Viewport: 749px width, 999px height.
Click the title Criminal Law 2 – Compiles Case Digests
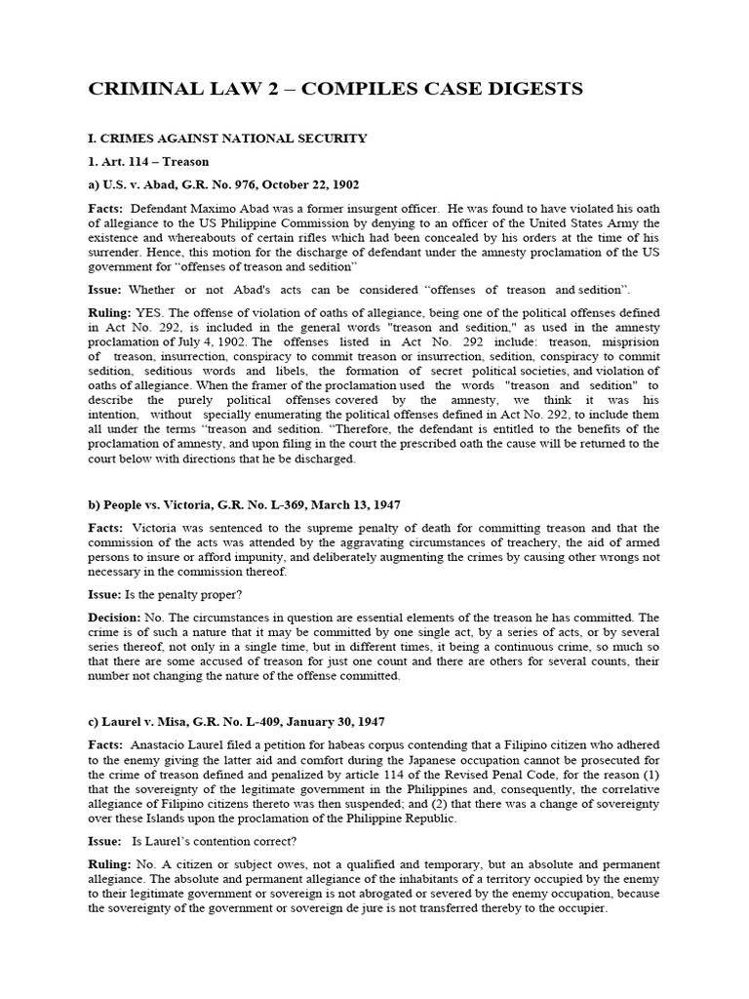[x=335, y=90]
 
